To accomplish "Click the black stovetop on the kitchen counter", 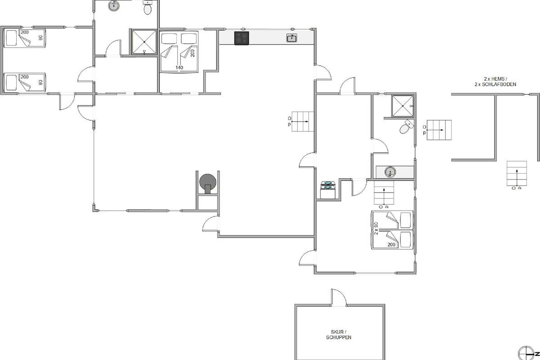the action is [x=242, y=38].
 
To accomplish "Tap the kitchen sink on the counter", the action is [x=292, y=38].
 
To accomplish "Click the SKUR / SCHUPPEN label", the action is [x=338, y=335].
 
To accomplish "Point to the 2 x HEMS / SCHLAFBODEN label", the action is [x=495, y=81].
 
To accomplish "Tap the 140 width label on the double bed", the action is [x=179, y=67].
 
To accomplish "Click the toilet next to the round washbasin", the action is [x=147, y=7].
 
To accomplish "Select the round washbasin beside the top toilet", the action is [x=114, y=5].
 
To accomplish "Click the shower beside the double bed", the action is [x=144, y=42].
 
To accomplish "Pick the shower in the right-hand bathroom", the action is [x=403, y=106].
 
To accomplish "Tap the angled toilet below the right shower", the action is [x=406, y=126].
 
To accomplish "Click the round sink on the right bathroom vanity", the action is [x=390, y=172].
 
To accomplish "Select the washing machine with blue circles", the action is [x=328, y=189].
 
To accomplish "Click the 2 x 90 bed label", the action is [x=376, y=228].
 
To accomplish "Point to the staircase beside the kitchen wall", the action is [x=302, y=121].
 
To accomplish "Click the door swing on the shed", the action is [x=339, y=297].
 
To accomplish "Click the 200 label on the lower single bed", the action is [x=25, y=77].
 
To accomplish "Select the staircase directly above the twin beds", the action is [x=384, y=193].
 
